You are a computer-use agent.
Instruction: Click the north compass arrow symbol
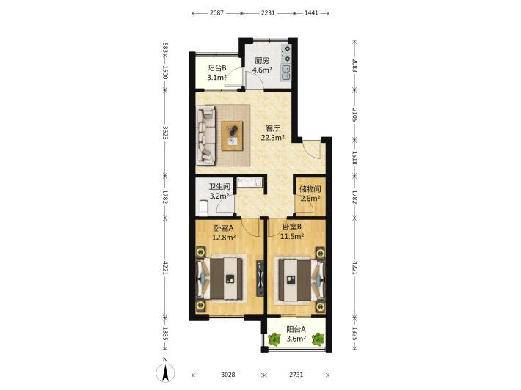pyautogui.click(x=165, y=372)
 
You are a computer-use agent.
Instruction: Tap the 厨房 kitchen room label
pyautogui.click(x=262, y=61)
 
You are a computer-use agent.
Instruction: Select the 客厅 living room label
pyautogui.click(x=273, y=128)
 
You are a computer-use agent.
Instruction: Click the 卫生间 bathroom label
pyautogui.click(x=219, y=187)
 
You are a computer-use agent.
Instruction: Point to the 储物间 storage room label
pyautogui.click(x=310, y=189)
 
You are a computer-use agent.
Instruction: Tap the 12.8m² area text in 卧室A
pyautogui.click(x=224, y=238)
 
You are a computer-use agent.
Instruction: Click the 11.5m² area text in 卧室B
pyautogui.click(x=292, y=236)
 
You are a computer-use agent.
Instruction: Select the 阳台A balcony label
pyautogui.click(x=296, y=330)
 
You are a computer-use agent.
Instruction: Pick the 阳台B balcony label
pyautogui.click(x=216, y=68)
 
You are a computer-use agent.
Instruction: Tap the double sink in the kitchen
pyautogui.click(x=285, y=73)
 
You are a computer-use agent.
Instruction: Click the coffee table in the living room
pyautogui.click(x=232, y=136)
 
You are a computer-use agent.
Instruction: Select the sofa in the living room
pyautogui.click(x=205, y=135)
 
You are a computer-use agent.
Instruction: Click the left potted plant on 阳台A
pyautogui.click(x=274, y=339)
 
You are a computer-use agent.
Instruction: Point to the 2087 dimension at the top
pyautogui.click(x=216, y=13)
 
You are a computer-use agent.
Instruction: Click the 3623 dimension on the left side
pyautogui.click(x=165, y=132)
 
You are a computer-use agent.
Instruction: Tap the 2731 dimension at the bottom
pyautogui.click(x=296, y=375)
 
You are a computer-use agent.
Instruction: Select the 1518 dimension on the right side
pyautogui.click(x=354, y=158)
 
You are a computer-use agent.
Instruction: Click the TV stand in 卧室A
pyautogui.click(x=260, y=278)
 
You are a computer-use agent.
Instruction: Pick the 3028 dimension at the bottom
pyautogui.click(x=228, y=375)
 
